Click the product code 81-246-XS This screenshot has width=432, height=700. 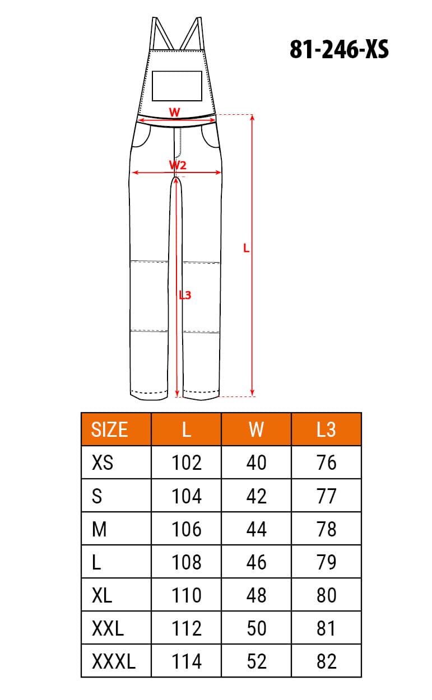coord(339,50)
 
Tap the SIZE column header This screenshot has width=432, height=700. coord(109,430)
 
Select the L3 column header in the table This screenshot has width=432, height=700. coord(326,430)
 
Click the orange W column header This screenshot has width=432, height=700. coord(256,430)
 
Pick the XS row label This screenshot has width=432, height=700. coord(102,463)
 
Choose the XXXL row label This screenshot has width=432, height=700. coord(113,661)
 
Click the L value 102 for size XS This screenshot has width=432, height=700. coord(186,463)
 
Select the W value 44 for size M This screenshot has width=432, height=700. coord(256,529)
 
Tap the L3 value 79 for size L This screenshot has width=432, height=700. coord(326,562)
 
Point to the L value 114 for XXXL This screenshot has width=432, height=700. coord(186,661)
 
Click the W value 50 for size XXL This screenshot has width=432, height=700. coord(256,628)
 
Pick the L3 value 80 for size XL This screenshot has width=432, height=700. coord(326,595)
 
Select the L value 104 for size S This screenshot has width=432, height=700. coord(186,496)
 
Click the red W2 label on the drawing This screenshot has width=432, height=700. coord(178,165)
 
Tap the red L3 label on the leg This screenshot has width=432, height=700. coord(185,295)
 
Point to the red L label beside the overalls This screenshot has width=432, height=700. coord(246,248)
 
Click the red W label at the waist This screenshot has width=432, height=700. coord(175,112)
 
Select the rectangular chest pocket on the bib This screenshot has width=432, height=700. coord(177,86)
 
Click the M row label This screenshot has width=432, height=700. coord(99,529)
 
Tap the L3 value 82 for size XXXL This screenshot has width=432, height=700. coord(326,661)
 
